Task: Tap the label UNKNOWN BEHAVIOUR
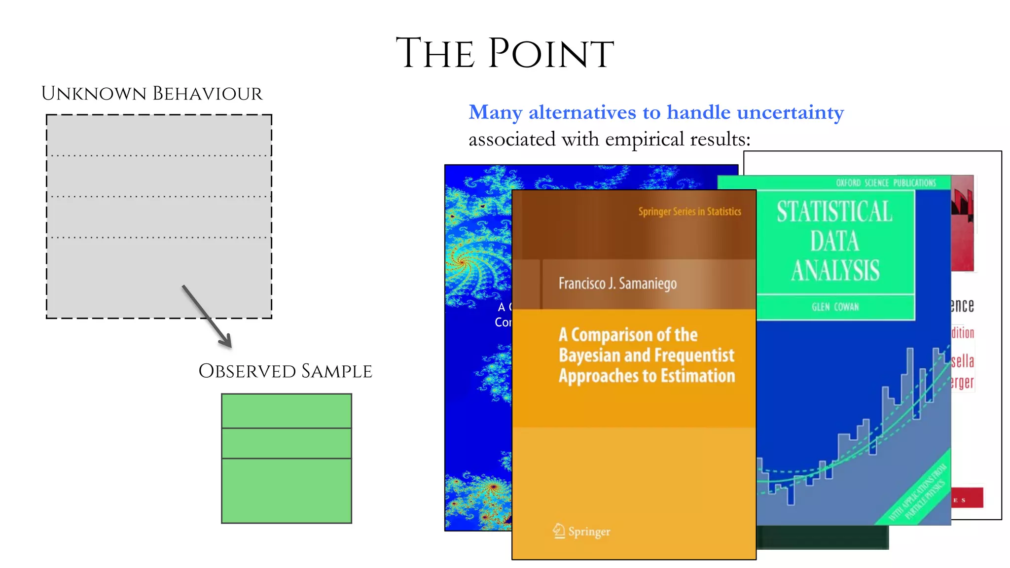[152, 94]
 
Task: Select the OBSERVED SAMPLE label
[285, 371]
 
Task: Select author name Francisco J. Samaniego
[617, 284]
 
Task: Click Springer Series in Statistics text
[689, 212]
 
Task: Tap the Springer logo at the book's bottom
[582, 532]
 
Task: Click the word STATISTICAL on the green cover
[834, 212]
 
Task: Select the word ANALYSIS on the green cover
[835, 271]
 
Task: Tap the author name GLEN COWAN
[835, 307]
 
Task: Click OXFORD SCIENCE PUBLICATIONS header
[886, 183]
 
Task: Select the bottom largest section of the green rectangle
[287, 491]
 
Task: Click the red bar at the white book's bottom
[967, 498]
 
